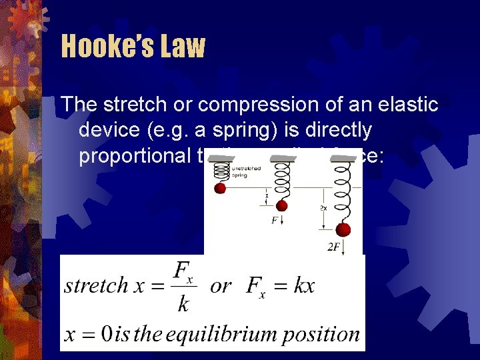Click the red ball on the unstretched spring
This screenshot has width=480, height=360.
click(220, 188)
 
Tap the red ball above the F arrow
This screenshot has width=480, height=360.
click(281, 205)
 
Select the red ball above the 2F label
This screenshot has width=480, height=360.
click(343, 230)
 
